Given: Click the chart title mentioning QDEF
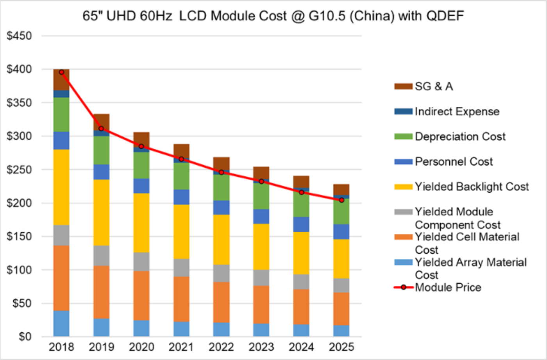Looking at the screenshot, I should click(x=273, y=16).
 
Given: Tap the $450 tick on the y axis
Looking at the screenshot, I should click(x=19, y=36).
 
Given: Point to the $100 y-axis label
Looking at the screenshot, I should click(x=19, y=270).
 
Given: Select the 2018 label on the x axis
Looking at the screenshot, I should click(x=61, y=347).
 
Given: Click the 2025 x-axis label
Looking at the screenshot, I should click(x=341, y=347).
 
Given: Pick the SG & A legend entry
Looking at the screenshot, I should click(x=434, y=86).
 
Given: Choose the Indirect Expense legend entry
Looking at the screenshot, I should click(x=457, y=111).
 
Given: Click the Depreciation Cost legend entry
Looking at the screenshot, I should click(x=460, y=136).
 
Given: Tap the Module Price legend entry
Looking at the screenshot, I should click(x=448, y=287).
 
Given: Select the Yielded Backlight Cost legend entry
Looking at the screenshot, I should click(x=472, y=186).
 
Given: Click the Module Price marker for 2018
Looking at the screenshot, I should click(x=61, y=72).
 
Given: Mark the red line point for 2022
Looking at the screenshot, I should click(x=222, y=172).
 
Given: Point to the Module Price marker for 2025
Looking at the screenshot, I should click(x=341, y=200).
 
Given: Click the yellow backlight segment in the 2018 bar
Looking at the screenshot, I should click(x=61, y=187).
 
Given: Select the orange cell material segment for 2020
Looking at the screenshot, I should click(x=141, y=296).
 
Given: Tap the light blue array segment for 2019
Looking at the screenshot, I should click(x=101, y=328).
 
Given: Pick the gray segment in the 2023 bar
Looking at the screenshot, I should click(x=261, y=278).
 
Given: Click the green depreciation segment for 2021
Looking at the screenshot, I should click(x=181, y=176).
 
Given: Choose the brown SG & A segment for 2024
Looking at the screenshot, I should click(x=301, y=182).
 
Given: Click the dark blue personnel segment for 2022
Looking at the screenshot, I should click(x=222, y=208).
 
